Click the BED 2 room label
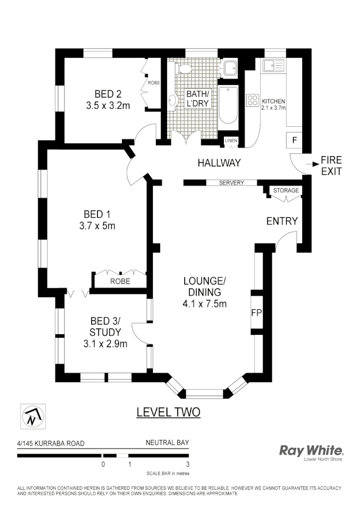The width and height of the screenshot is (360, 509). click(x=108, y=94)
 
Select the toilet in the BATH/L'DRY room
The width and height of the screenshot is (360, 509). click(x=185, y=69)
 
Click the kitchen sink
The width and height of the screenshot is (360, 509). click(x=273, y=66)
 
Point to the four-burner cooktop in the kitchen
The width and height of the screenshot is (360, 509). click(x=253, y=100)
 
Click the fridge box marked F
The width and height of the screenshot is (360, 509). click(x=294, y=140)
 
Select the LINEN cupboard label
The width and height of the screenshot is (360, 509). click(x=231, y=141)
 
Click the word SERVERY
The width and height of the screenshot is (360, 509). click(x=232, y=183)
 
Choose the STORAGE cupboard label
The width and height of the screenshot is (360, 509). click(x=286, y=190)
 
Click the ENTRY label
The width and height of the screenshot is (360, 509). click(x=282, y=221)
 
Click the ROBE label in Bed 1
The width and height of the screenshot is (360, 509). click(x=120, y=281)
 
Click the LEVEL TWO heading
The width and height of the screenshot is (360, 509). click(x=168, y=412)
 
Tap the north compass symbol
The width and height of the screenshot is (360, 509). click(x=31, y=417)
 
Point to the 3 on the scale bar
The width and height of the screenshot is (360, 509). click(x=188, y=464)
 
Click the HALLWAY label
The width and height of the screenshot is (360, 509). click(x=219, y=163)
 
